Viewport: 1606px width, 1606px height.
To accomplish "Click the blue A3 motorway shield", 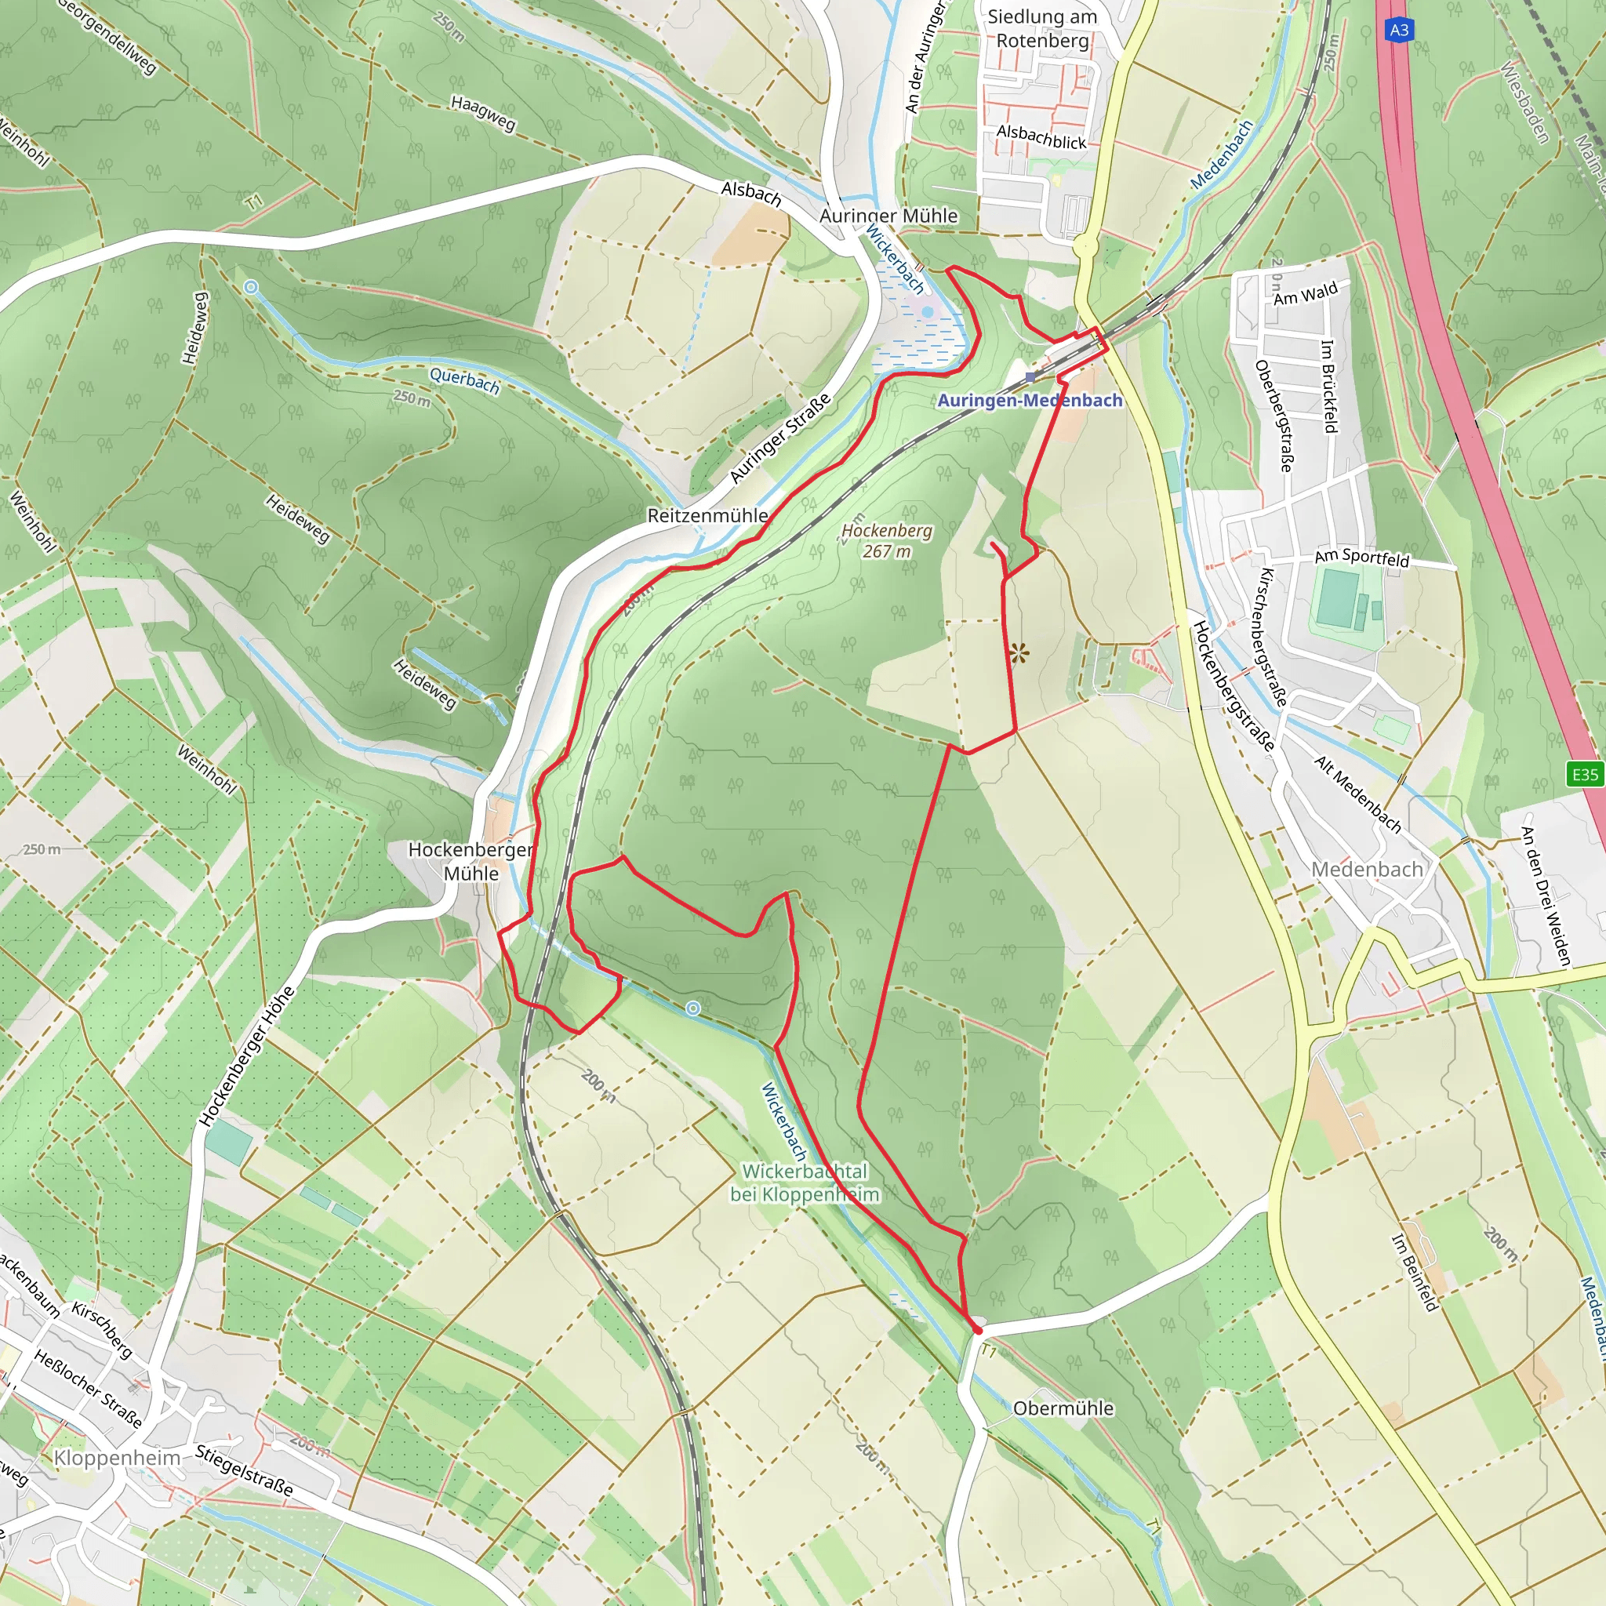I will [x=1399, y=31].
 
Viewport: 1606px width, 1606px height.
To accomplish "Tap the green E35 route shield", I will [x=1584, y=775].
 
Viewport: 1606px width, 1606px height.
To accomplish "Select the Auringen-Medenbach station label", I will [x=1030, y=401].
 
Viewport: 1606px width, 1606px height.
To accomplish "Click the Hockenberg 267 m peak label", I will [x=887, y=540].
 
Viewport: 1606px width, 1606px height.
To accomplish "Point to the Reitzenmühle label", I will [x=707, y=515].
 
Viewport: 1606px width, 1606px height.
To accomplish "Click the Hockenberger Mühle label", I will [x=471, y=861].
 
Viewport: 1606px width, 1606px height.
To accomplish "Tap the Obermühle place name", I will [x=1063, y=1408].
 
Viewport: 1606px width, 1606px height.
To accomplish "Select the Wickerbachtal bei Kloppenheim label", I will [x=805, y=1183].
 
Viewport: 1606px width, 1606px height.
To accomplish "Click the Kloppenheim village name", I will [x=117, y=1458].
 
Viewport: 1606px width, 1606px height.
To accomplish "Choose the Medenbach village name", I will [x=1367, y=870].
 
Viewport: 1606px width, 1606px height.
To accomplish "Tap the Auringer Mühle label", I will [x=888, y=216].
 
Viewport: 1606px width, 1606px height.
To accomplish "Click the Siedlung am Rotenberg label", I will [x=1042, y=28].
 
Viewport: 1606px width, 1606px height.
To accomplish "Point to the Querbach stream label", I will [x=465, y=380].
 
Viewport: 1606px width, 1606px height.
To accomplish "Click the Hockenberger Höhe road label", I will [x=248, y=1056].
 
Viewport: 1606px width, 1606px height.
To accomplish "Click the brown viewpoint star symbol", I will [x=1019, y=653].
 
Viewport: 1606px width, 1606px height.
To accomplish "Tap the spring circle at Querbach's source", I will [x=250, y=288].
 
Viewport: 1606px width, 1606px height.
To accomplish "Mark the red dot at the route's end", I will [x=978, y=1331].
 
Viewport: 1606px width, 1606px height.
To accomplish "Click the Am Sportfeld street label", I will [x=1361, y=558].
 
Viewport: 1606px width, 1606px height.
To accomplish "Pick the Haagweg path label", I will [x=483, y=113].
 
